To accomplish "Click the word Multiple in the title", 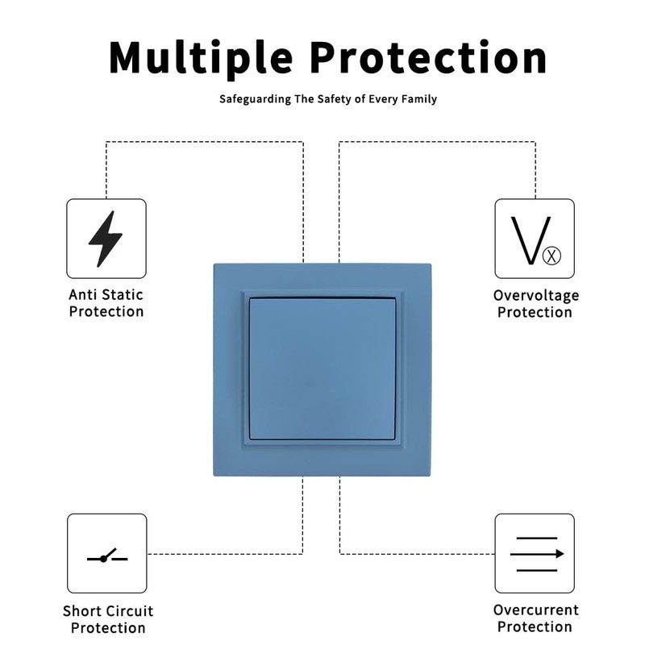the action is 201,57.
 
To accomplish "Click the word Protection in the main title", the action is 428,57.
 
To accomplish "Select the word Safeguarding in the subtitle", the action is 255,99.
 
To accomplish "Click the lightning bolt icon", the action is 106,239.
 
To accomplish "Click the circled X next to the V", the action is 551,256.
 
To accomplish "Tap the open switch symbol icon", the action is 107,556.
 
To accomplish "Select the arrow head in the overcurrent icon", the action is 560,554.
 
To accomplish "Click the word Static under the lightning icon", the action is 123,295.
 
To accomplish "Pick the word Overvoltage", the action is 536,296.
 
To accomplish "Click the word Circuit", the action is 131,611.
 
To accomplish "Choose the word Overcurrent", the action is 536,610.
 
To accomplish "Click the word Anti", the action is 83,295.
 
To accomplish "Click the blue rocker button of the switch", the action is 322,369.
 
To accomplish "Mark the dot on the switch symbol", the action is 104,559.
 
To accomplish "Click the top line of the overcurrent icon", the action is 537,538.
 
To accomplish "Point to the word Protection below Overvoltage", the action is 535,313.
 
